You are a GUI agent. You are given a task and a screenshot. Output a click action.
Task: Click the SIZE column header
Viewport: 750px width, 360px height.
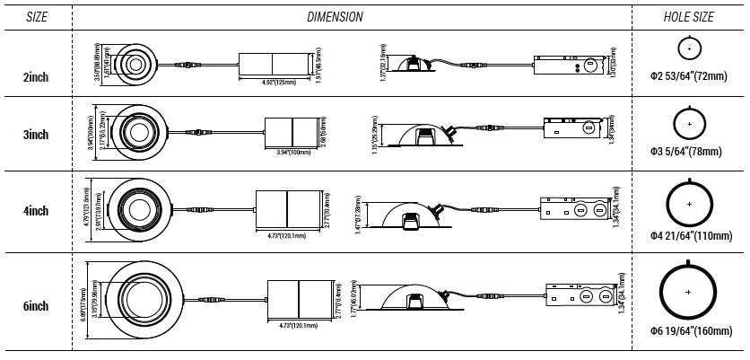pos(36,16)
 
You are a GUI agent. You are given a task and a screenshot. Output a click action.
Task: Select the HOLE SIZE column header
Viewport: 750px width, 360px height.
pos(688,16)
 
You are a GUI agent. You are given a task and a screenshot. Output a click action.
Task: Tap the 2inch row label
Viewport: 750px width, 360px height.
pos(36,77)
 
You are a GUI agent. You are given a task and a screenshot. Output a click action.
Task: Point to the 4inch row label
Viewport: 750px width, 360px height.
pos(36,211)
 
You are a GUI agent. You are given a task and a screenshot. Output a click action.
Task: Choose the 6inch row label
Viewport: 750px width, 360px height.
pos(36,306)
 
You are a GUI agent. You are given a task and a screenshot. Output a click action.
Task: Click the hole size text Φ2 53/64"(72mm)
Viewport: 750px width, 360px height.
pos(689,77)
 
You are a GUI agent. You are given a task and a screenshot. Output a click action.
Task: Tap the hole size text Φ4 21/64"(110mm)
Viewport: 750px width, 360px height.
pos(689,234)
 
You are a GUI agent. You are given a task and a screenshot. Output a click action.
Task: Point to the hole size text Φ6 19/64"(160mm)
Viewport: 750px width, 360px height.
pos(689,331)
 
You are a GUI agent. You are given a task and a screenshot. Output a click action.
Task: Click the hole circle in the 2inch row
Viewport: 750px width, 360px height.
pos(689,48)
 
